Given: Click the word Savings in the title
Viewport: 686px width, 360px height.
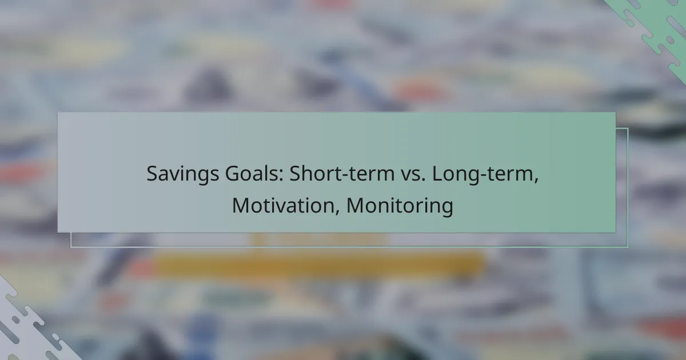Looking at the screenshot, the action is [182, 174].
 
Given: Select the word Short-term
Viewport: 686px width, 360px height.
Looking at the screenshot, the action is [342, 173].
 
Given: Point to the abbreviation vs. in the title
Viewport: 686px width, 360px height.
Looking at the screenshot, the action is [413, 176].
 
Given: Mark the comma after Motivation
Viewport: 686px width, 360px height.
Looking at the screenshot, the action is [337, 213].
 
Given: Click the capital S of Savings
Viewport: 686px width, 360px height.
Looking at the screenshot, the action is [152, 174].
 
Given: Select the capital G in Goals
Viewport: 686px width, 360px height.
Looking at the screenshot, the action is [233, 174].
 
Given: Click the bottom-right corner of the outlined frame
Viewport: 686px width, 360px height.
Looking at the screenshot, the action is [628, 246].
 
